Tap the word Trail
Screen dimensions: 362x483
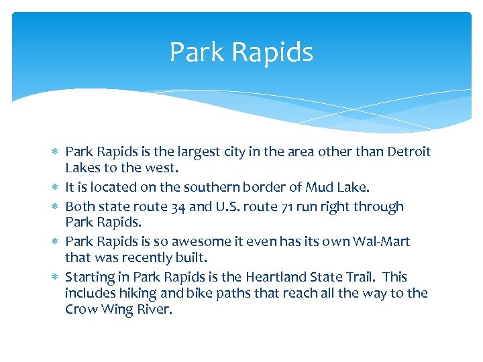coord(370,277)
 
